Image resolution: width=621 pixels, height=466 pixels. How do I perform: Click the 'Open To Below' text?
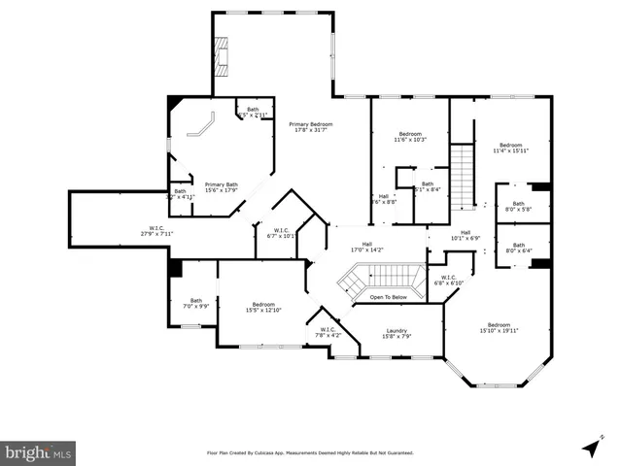388,297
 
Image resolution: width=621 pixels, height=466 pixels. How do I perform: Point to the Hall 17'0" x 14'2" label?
367,247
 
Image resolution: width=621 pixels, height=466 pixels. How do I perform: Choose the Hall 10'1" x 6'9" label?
466,235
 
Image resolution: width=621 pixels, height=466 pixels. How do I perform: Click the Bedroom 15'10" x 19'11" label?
499,327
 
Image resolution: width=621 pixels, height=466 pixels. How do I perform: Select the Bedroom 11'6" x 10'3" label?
410,137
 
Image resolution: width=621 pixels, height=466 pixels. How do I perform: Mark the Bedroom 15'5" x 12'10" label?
262,307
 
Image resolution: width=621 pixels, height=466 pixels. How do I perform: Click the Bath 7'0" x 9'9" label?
196,303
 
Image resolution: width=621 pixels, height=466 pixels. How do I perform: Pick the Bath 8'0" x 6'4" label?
519,248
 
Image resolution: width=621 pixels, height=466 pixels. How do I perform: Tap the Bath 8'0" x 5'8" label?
519,206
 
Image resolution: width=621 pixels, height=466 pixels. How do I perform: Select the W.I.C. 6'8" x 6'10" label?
448,281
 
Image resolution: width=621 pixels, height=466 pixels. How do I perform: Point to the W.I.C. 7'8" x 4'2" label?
328,333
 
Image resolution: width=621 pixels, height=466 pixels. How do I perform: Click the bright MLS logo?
39,452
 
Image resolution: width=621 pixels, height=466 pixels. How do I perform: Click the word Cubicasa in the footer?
277,452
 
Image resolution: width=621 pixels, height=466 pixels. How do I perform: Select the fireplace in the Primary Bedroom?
224,59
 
